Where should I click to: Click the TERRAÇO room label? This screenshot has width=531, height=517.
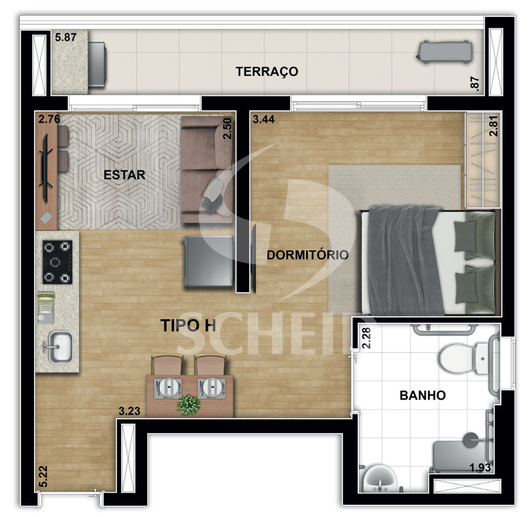click(x=267, y=72)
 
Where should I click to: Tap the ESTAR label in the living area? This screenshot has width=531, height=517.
click(x=125, y=175)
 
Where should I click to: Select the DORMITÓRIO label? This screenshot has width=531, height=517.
click(x=307, y=254)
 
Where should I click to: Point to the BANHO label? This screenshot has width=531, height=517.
click(x=423, y=395)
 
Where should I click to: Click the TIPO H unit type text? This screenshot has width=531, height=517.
click(x=188, y=325)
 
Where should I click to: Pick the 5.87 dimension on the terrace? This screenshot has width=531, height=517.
click(x=66, y=37)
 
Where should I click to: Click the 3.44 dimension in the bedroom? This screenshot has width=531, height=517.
click(x=264, y=119)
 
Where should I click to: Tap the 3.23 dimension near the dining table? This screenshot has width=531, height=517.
click(x=129, y=411)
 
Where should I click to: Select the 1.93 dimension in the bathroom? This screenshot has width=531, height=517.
click(x=480, y=467)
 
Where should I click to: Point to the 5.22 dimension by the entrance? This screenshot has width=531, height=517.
click(x=43, y=477)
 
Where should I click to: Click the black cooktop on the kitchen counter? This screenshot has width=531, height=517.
click(x=58, y=262)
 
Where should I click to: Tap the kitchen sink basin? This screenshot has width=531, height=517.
click(x=60, y=347)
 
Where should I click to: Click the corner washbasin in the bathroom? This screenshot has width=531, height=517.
click(x=380, y=478)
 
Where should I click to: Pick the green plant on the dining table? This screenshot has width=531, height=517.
click(x=189, y=405)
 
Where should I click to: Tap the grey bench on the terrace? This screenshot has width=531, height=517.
click(x=444, y=52)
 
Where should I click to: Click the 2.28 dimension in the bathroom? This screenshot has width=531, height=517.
click(x=367, y=338)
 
